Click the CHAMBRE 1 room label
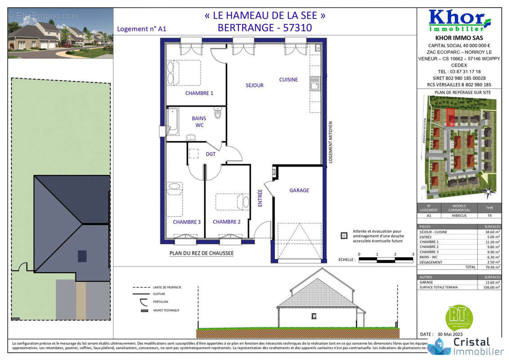point(199,93)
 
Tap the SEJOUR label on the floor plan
point(254,85)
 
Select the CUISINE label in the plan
point(288,80)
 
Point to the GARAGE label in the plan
point(299,190)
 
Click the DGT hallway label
point(211,154)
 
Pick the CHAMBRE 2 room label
point(226,222)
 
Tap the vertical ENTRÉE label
point(260,198)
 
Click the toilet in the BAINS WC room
point(218,113)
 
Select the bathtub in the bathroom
point(172,121)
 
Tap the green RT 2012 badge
point(459,317)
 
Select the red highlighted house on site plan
point(450,117)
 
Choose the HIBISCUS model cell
point(459,216)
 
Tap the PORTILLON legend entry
point(160,301)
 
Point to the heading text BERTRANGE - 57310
point(265,28)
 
